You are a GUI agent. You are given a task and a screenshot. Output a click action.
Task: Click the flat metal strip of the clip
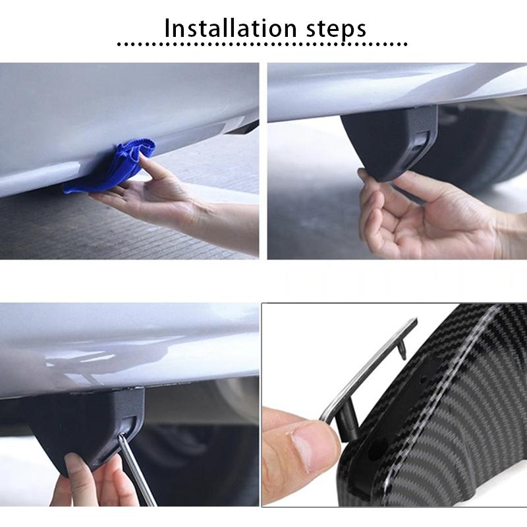point(369,369)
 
